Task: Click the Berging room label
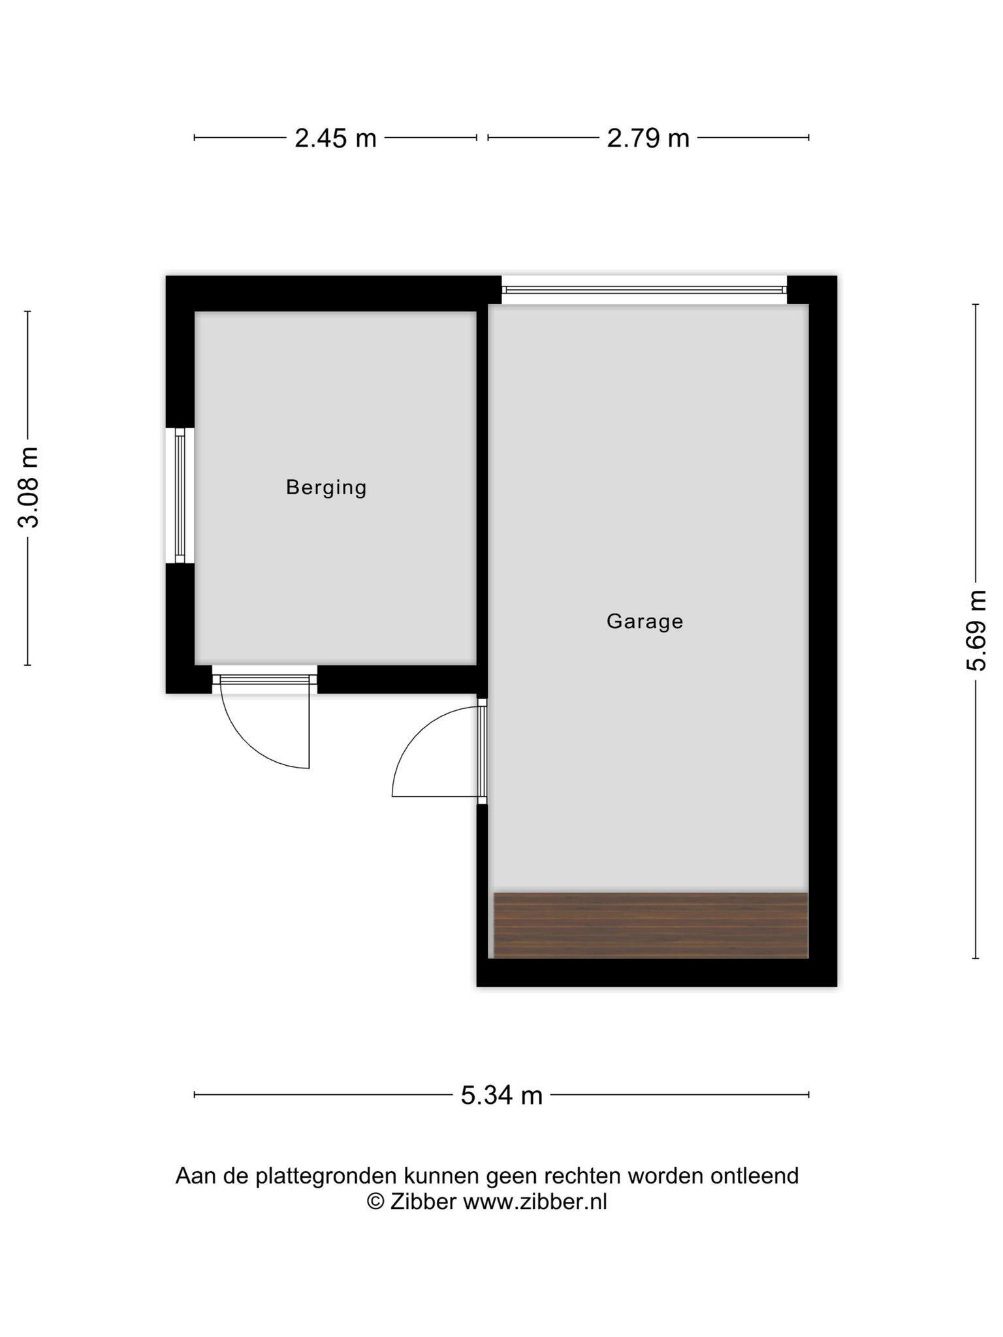[x=326, y=488]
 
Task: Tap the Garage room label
[x=645, y=621]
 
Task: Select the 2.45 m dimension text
[x=336, y=138]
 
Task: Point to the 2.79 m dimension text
[x=648, y=138]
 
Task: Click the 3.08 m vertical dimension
[x=29, y=488]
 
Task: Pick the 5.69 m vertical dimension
[x=976, y=631]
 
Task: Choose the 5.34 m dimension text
[x=502, y=1095]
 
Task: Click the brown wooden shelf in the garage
[x=651, y=925]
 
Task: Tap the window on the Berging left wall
[x=180, y=495]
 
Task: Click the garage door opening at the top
[x=645, y=289]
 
